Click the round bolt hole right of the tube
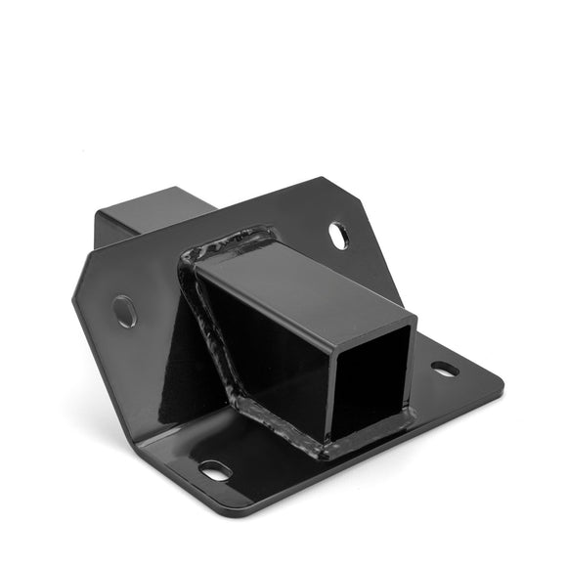[338, 235]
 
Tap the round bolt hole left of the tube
[125, 311]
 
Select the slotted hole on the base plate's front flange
[215, 471]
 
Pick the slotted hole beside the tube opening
[445, 369]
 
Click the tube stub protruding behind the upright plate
[156, 220]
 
